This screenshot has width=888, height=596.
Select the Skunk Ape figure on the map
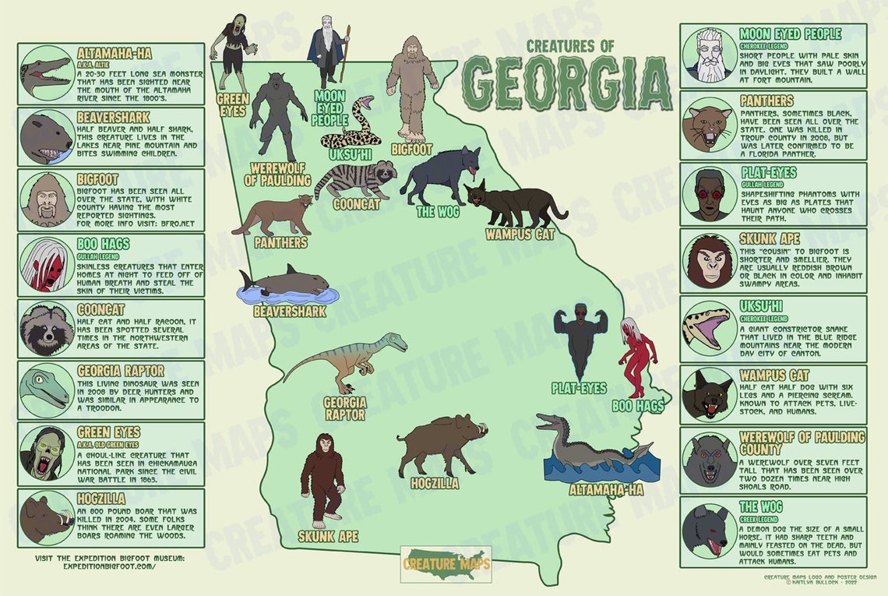tap(322, 479)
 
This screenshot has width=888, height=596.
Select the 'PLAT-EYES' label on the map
tap(578, 388)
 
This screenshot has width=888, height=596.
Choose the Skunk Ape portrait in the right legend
tap(709, 261)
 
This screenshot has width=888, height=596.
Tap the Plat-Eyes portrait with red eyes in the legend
tap(709, 194)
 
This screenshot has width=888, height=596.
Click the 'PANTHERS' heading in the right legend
tap(766, 101)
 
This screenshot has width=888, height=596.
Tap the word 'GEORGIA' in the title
tap(567, 83)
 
